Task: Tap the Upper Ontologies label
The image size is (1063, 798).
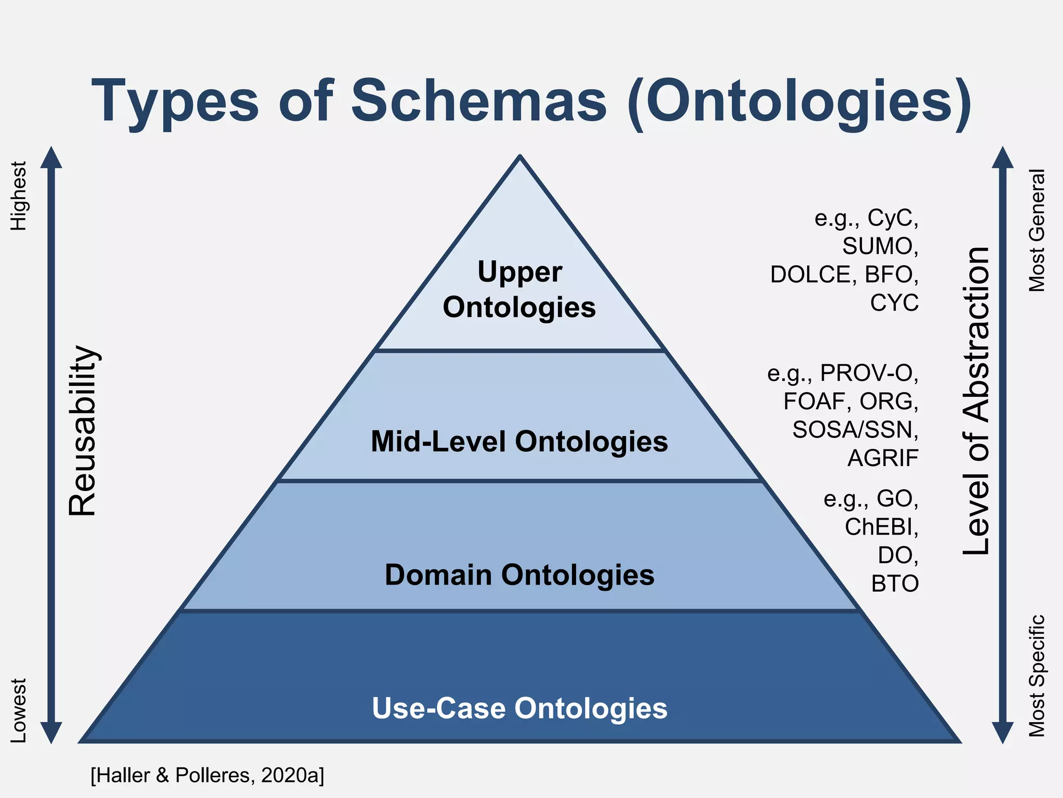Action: pyautogui.click(x=519, y=289)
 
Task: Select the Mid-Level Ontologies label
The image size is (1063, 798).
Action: pyautogui.click(x=519, y=442)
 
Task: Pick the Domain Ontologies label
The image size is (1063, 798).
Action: pyautogui.click(x=519, y=575)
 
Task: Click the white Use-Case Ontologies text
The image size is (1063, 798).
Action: pyautogui.click(x=519, y=708)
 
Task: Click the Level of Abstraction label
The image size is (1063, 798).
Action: pyautogui.click(x=976, y=401)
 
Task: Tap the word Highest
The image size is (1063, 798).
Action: pyautogui.click(x=19, y=196)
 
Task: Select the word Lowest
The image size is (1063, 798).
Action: pyautogui.click(x=19, y=710)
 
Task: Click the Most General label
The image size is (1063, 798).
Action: pyautogui.click(x=1037, y=230)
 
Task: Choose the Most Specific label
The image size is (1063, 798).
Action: pyautogui.click(x=1037, y=676)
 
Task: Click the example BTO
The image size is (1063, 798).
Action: pyautogui.click(x=895, y=584)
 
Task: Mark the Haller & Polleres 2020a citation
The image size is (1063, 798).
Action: pyautogui.click(x=207, y=775)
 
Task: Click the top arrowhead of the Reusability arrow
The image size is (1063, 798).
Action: pyautogui.click(x=51, y=157)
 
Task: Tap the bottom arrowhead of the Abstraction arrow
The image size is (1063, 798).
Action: pyautogui.click(x=1002, y=733)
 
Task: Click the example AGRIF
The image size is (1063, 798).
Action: pyautogui.click(x=882, y=458)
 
